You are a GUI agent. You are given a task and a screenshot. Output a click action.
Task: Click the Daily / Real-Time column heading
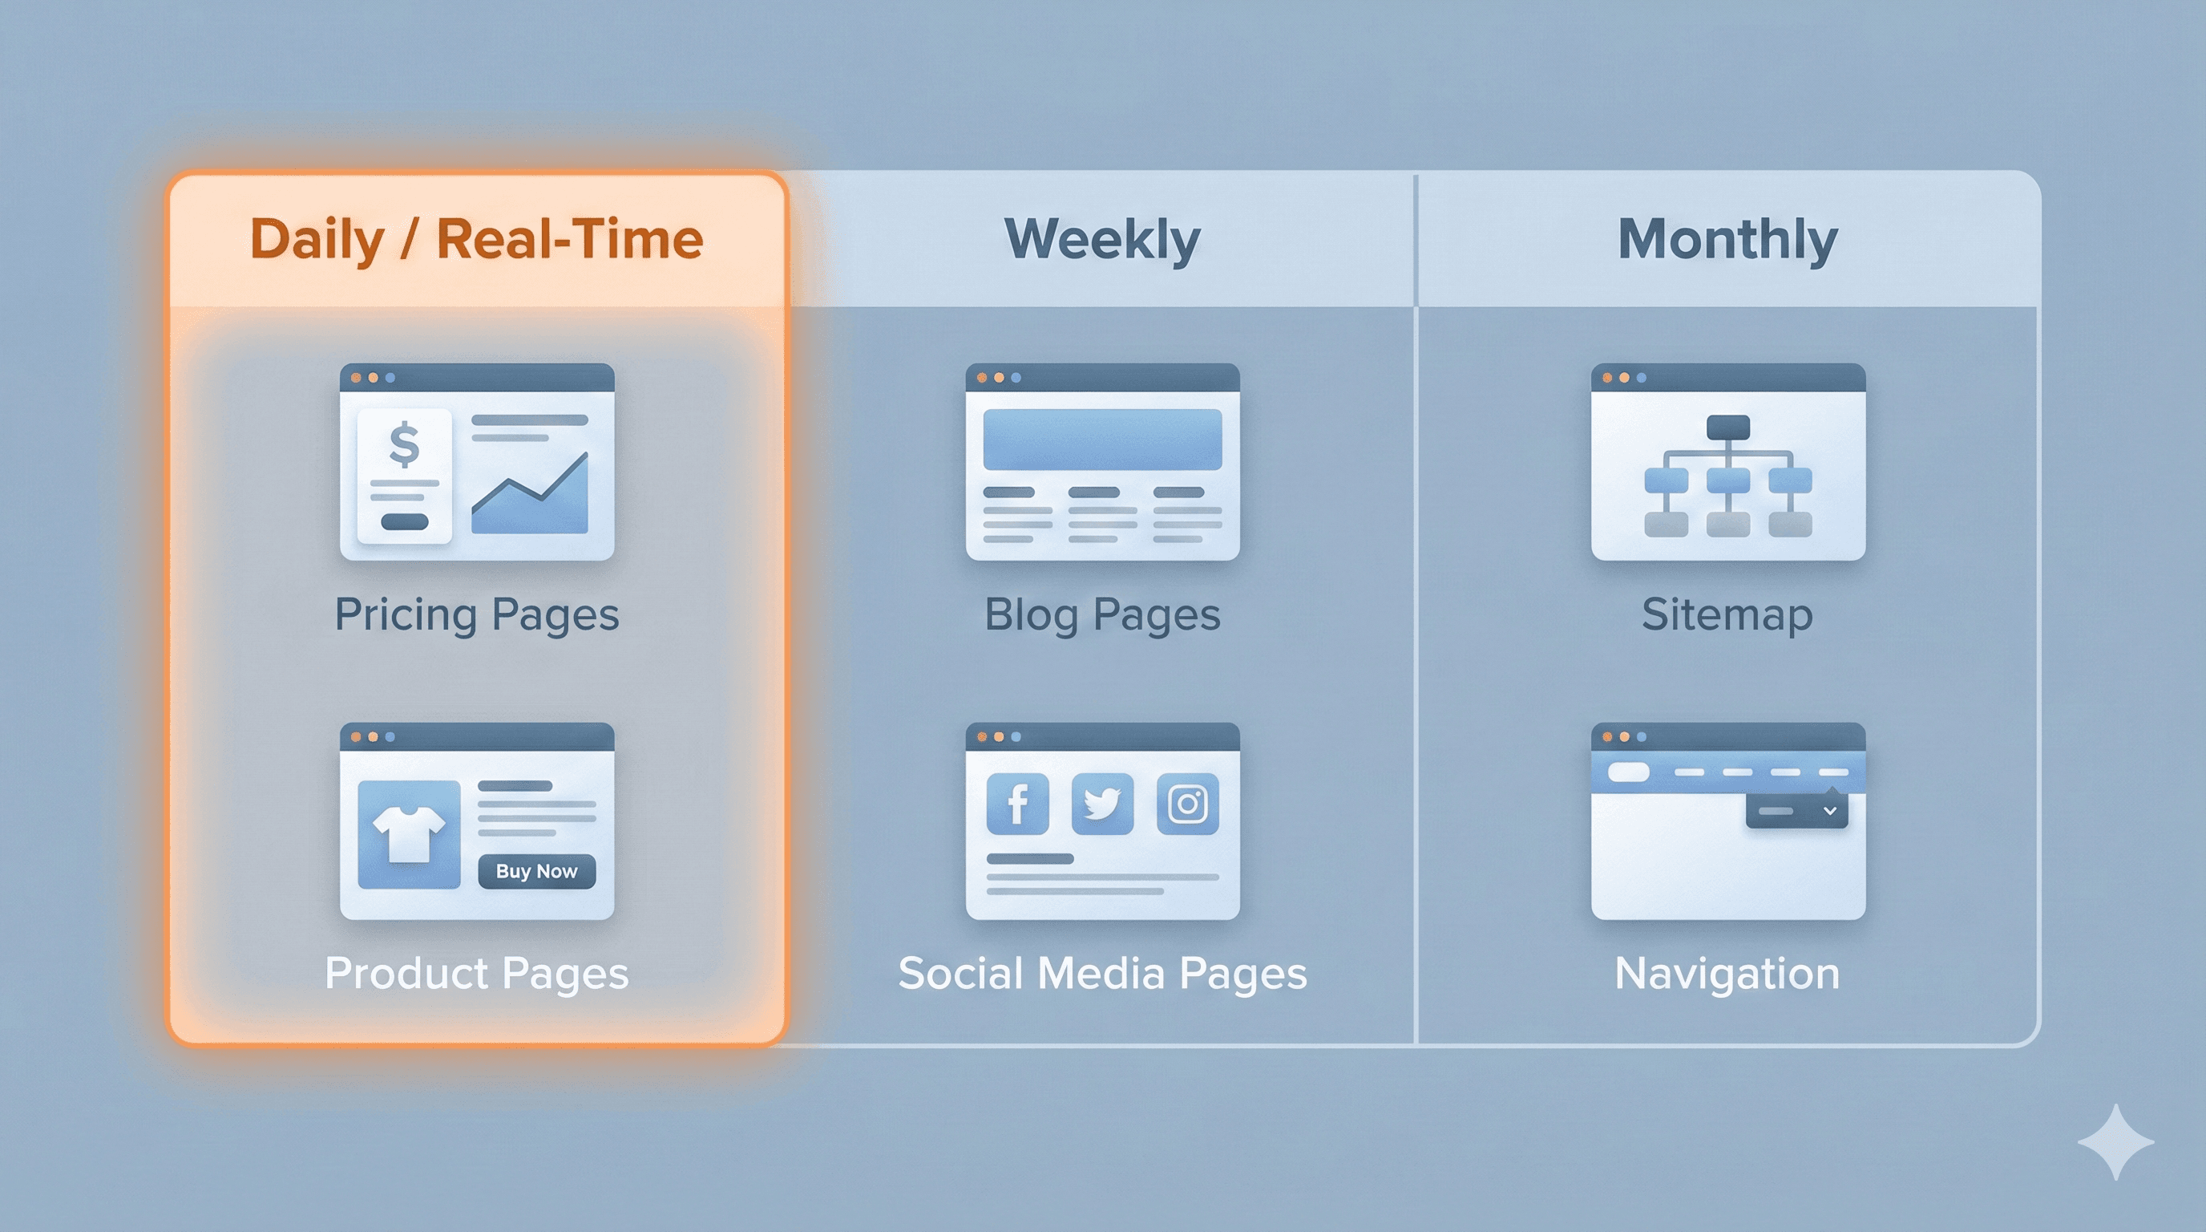476,239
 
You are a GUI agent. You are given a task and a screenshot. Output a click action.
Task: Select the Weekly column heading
1102,239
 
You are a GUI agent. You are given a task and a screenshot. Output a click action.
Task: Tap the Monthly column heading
1727,239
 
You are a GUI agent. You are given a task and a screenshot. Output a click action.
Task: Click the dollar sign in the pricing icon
404,445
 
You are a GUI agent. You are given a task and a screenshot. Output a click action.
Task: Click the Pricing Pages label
477,615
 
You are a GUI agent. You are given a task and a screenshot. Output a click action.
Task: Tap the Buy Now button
537,871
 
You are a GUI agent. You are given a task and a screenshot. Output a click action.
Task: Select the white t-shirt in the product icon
410,833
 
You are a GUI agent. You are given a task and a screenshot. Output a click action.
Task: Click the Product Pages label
477,974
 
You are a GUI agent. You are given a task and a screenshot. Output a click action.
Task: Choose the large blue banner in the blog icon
1102,440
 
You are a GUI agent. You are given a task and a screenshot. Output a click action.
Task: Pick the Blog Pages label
1102,615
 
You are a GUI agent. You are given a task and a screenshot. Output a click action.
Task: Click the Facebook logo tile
1017,804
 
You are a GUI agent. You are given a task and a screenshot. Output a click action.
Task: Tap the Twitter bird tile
1102,804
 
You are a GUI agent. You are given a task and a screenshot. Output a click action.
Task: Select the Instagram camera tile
1188,804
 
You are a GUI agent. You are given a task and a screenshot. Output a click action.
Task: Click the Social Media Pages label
1102,974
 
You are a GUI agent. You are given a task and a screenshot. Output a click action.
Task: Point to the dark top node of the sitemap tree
1728,427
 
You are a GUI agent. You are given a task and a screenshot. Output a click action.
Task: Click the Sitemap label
1727,615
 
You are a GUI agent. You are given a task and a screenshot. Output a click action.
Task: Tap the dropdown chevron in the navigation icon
1830,810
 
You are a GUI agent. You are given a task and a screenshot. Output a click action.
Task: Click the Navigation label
1727,974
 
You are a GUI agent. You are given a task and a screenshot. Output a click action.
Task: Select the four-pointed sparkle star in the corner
2115,1142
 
